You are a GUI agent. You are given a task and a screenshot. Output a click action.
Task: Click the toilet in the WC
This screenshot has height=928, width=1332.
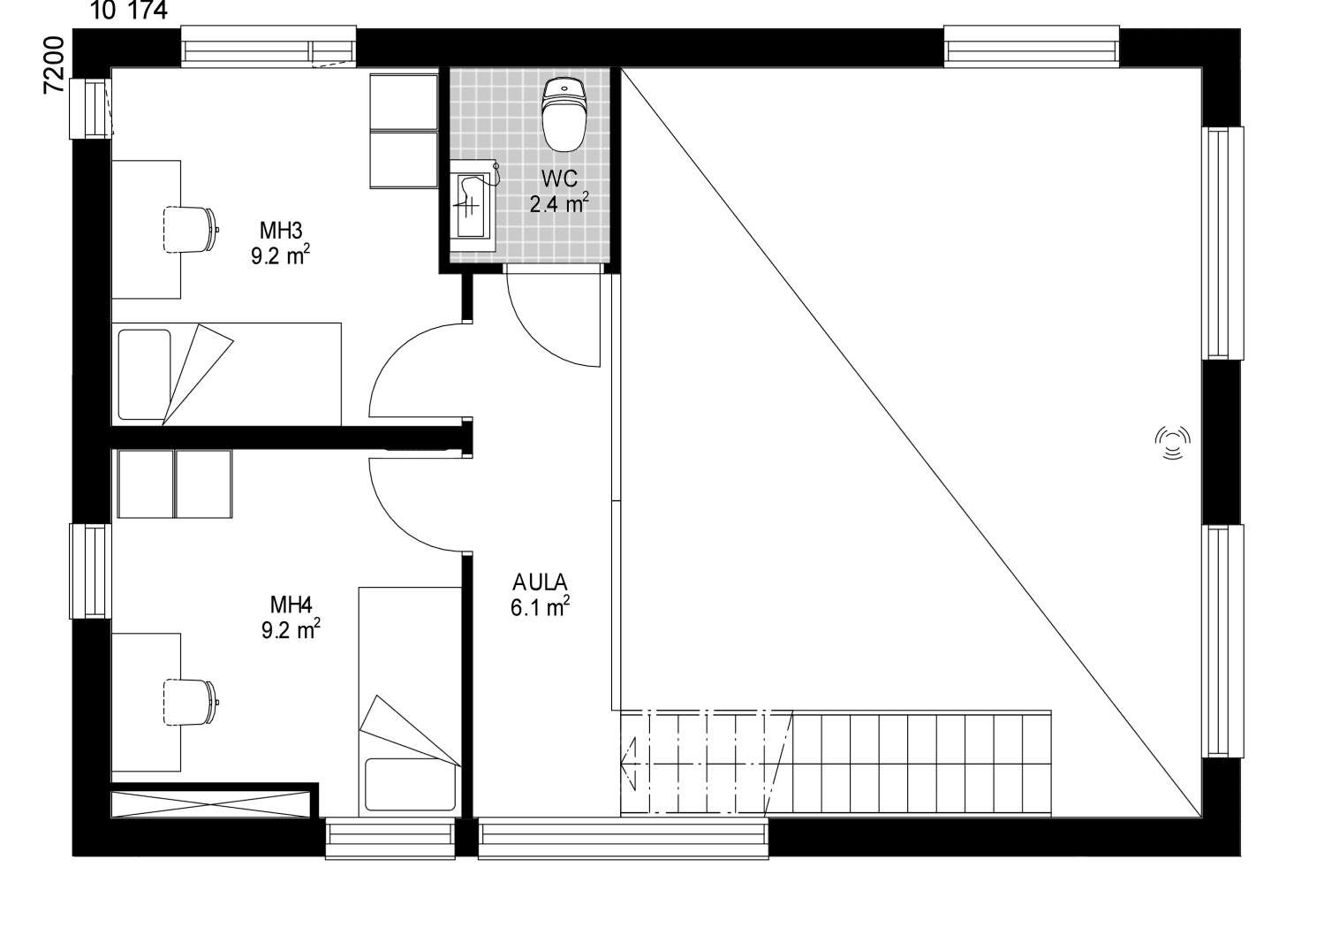[x=564, y=117]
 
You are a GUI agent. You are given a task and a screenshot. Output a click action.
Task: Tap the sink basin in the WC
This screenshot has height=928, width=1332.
[x=471, y=206]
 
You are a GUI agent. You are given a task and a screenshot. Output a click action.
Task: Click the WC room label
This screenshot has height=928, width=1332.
[x=559, y=179]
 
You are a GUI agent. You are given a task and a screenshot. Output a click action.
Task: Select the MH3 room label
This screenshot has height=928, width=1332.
[x=281, y=230]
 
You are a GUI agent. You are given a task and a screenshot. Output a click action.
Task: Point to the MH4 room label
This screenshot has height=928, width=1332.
[x=291, y=605]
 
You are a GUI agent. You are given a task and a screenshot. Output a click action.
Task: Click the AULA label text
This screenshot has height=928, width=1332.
[x=540, y=582]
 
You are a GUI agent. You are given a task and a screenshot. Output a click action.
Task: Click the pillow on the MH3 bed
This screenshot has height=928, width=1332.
[x=145, y=375]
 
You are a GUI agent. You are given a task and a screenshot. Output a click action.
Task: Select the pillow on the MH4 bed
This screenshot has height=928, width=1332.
[x=411, y=783]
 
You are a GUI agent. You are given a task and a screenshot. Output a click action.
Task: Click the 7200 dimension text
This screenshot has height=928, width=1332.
[x=54, y=65]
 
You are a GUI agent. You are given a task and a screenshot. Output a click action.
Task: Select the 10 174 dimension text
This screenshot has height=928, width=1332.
[x=129, y=10]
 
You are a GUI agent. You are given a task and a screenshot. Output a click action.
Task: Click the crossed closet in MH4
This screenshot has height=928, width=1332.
[x=211, y=804]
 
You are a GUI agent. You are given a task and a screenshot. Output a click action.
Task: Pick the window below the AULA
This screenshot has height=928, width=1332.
[x=624, y=838]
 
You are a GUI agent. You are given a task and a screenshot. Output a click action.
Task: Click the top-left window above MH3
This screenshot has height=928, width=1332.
[x=269, y=46]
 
